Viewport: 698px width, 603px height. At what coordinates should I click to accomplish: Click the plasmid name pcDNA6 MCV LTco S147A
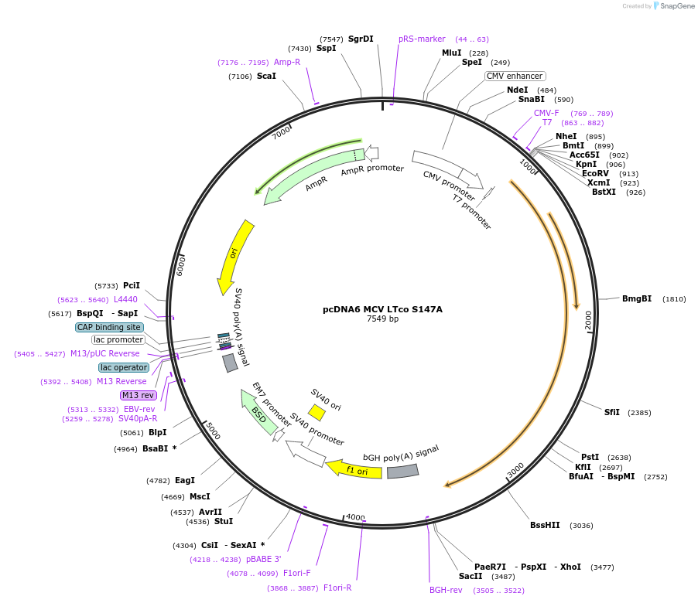point(382,309)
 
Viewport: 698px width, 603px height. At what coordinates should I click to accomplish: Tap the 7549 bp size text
point(382,319)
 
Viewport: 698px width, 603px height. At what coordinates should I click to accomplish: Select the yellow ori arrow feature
point(234,256)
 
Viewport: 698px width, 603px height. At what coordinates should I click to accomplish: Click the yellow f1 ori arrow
point(354,469)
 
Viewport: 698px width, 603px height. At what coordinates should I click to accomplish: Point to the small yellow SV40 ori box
point(316,412)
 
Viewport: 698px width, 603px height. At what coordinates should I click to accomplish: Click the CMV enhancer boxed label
point(515,76)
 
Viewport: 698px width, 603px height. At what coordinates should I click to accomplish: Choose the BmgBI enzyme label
point(637,298)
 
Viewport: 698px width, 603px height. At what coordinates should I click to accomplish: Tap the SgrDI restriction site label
point(361,39)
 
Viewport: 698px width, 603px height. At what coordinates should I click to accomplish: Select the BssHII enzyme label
point(545,525)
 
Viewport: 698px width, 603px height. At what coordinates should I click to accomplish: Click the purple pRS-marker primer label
point(422,39)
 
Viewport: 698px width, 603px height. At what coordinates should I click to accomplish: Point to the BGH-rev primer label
point(446,590)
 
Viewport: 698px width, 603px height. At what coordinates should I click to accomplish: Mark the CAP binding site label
point(108,327)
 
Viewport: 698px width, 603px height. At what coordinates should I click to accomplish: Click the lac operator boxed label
point(124,367)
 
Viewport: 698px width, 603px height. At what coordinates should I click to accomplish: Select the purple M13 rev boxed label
point(138,395)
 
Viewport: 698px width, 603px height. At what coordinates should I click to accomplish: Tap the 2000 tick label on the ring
point(588,319)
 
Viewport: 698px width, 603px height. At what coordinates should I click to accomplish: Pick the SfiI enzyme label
point(611,412)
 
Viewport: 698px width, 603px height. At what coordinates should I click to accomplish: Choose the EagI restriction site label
point(185,480)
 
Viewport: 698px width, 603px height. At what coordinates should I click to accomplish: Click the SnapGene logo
point(672,6)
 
